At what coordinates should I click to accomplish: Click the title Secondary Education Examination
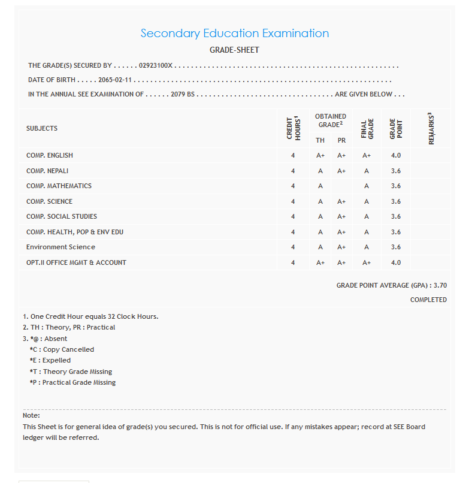(x=234, y=34)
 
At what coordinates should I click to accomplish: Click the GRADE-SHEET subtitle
(x=234, y=50)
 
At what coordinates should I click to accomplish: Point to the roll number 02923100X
(x=156, y=66)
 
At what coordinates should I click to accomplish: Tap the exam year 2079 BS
(x=183, y=94)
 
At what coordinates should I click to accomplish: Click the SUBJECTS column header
(x=42, y=128)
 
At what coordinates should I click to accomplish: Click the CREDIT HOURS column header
(x=293, y=128)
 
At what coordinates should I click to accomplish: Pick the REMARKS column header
(x=431, y=128)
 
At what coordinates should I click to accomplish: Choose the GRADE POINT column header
(x=396, y=128)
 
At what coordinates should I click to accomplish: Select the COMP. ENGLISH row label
(x=50, y=155)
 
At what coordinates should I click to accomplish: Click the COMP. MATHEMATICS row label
(x=59, y=186)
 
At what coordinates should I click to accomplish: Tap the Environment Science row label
(x=60, y=247)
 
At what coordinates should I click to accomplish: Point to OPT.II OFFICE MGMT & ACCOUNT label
(x=76, y=262)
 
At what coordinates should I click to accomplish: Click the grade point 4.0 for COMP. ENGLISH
(x=396, y=155)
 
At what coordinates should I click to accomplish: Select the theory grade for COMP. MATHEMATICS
(x=320, y=186)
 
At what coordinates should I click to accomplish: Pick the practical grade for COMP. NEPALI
(x=341, y=171)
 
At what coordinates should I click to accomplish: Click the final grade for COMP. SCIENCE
(x=367, y=201)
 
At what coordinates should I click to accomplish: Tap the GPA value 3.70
(x=440, y=286)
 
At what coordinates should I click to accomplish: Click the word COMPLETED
(x=428, y=300)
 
